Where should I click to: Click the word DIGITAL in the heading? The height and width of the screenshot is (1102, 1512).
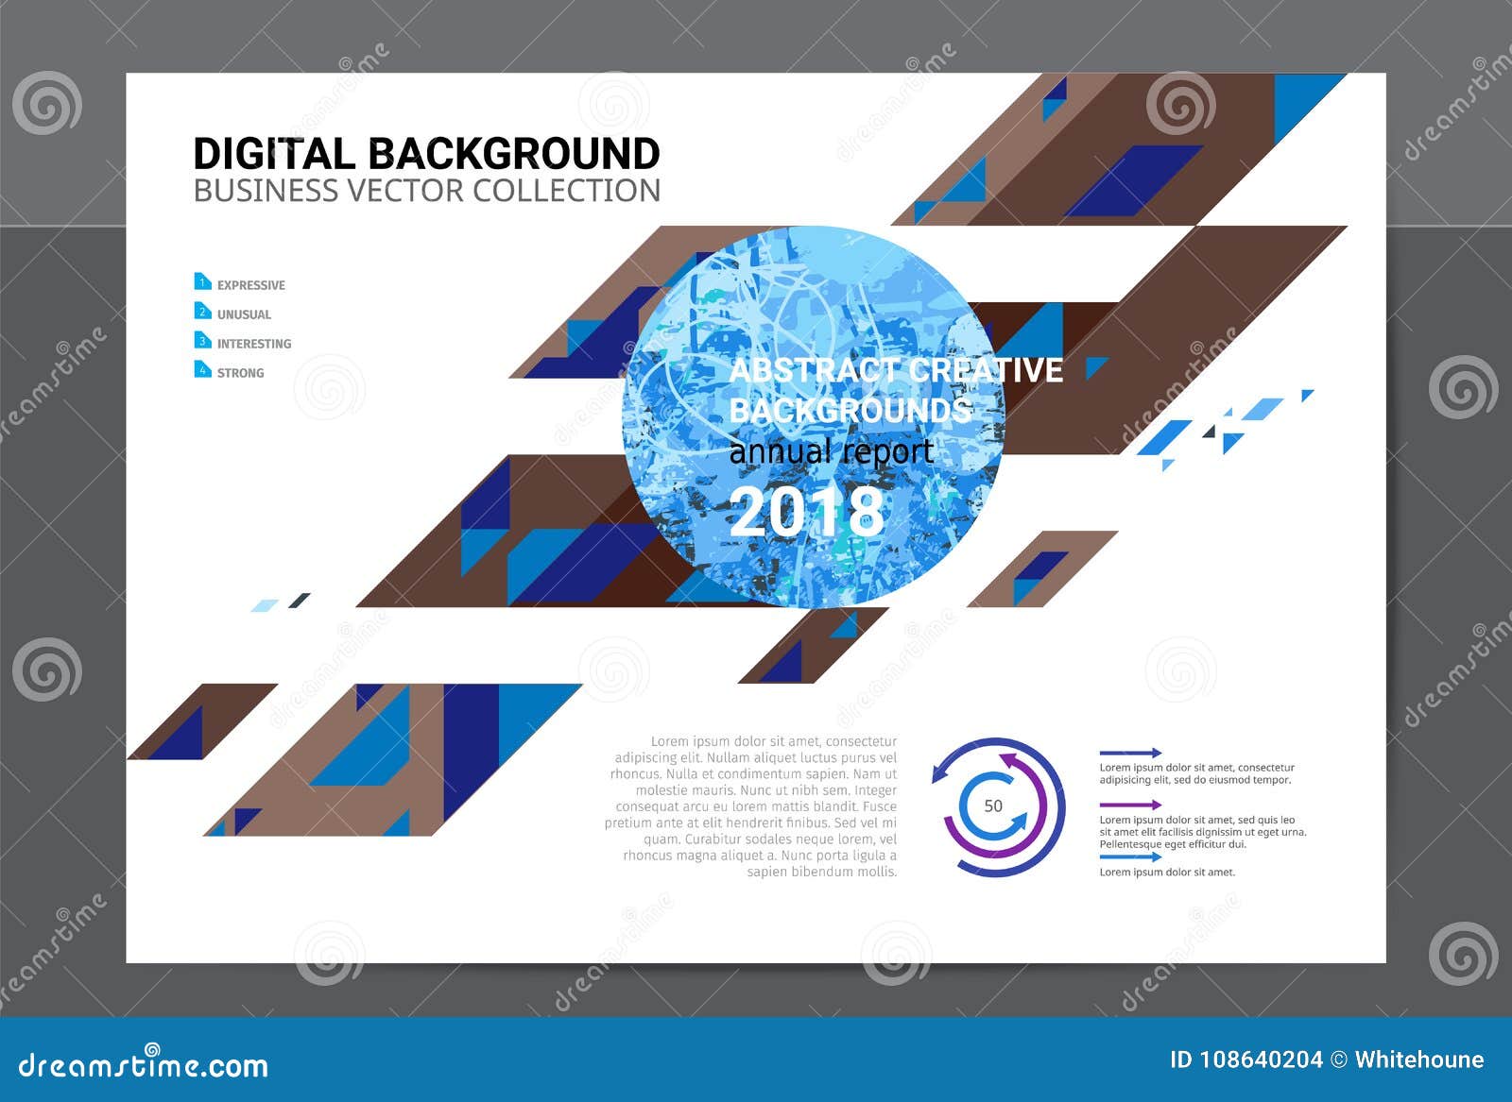tap(274, 154)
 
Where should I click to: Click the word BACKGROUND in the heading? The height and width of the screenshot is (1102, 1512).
tap(513, 154)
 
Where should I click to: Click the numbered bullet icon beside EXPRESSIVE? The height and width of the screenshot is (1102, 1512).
tap(202, 281)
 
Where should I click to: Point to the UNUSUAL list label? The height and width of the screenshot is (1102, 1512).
tap(244, 314)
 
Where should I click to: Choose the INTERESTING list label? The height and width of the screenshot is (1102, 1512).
tap(254, 344)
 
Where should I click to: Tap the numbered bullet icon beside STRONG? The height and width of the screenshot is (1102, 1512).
tap(202, 369)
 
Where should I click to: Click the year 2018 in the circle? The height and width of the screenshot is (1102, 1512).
tap(806, 512)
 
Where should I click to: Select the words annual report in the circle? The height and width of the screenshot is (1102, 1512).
tap(832, 452)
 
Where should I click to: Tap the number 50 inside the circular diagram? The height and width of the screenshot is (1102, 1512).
tap(993, 806)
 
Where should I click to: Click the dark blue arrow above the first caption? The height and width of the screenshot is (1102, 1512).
tap(1130, 754)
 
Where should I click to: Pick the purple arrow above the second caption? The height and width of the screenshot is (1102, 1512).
tap(1130, 805)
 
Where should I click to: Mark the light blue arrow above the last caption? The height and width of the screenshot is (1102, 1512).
tap(1130, 857)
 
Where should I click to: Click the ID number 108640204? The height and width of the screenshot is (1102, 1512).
tap(1261, 1060)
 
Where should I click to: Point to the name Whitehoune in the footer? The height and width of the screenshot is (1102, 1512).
tap(1418, 1060)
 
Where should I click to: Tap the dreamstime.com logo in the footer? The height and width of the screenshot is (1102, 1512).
tap(144, 1064)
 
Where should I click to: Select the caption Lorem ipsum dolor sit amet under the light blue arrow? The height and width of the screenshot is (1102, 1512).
tap(1167, 873)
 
